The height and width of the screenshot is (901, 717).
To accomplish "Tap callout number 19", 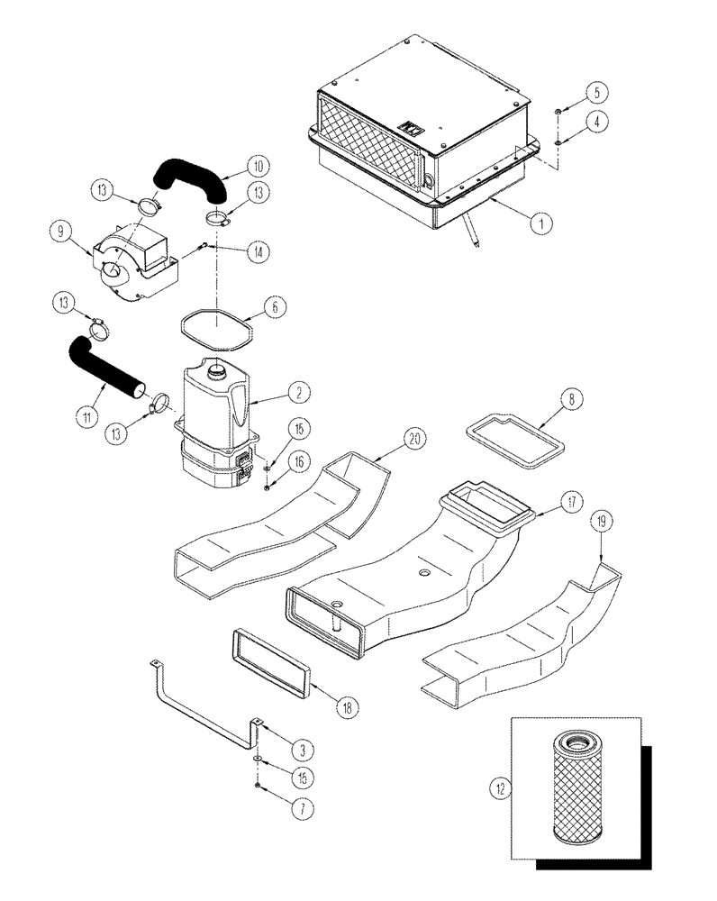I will tap(601, 521).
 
